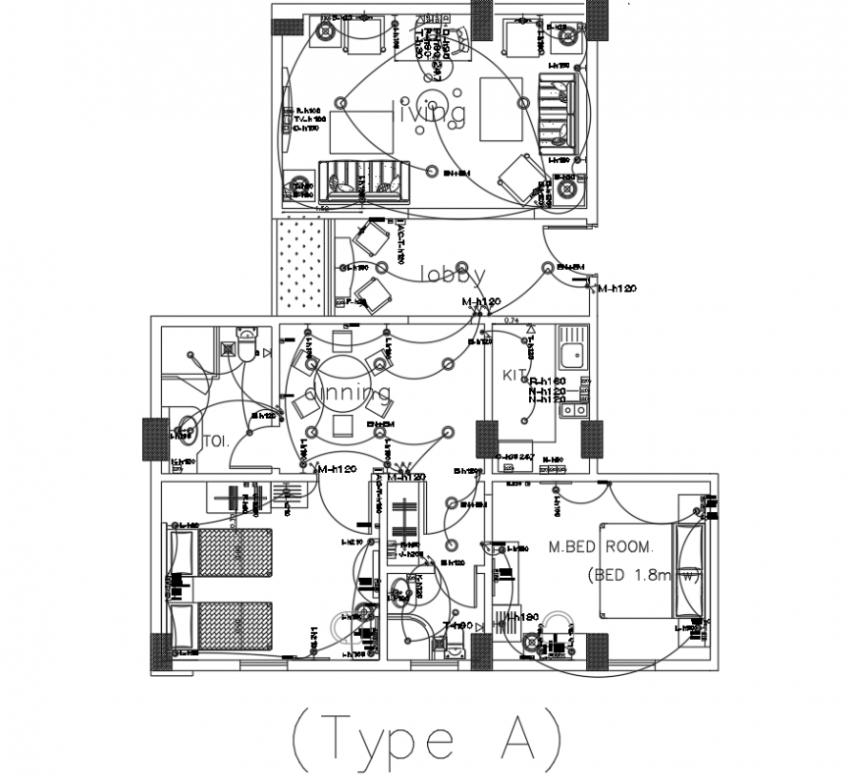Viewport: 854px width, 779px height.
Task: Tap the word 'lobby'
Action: click(x=453, y=274)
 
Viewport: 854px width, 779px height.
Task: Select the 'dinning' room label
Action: click(x=348, y=392)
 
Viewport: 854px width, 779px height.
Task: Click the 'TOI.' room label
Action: click(x=216, y=441)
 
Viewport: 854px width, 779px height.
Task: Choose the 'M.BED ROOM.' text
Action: click(x=600, y=545)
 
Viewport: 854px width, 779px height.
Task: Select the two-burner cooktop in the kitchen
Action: click(x=571, y=401)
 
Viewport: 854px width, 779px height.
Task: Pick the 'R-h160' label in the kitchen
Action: click(x=546, y=381)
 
